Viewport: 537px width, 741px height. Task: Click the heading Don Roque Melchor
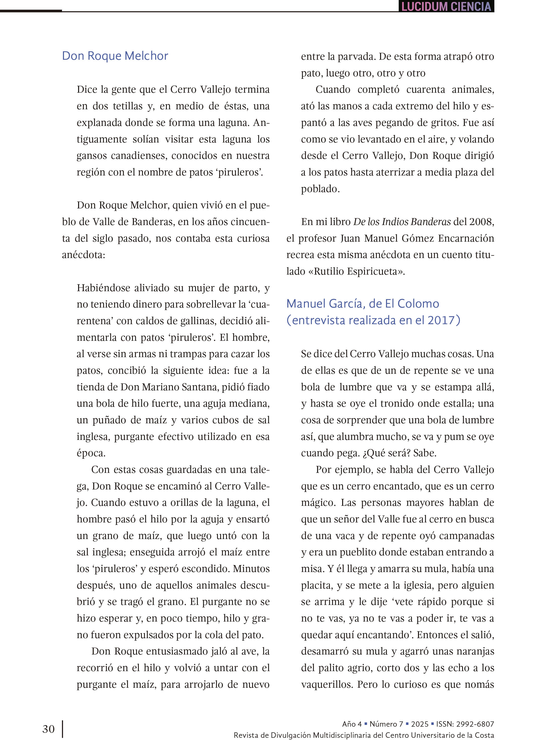click(115, 56)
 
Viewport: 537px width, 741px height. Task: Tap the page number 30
click(48, 729)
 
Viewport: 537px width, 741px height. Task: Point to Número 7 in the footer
click(386, 724)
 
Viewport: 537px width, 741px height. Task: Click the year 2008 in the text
click(480, 222)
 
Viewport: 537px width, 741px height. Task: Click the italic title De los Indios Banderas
click(402, 222)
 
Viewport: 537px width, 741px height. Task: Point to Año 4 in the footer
click(352, 724)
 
